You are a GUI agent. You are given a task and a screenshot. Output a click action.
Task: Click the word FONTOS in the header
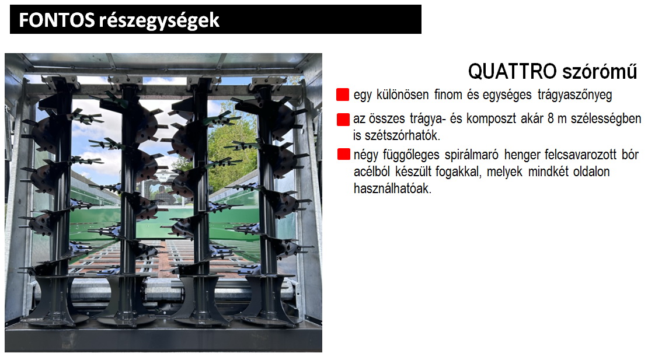click(x=57, y=20)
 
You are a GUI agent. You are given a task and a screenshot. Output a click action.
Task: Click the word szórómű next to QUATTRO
click(x=600, y=72)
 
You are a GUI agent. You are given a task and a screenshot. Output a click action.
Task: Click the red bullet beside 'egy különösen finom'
click(x=343, y=95)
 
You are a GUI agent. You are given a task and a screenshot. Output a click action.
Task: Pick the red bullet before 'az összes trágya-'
click(x=343, y=119)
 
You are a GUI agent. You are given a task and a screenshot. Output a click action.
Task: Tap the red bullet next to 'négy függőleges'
click(x=343, y=154)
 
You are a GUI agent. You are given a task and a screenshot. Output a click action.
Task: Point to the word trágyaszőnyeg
click(x=575, y=95)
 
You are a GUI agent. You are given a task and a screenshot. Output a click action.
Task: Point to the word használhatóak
click(x=393, y=188)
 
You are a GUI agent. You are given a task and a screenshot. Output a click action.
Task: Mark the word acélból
click(x=372, y=172)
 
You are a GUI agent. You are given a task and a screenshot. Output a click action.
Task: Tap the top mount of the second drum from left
click(x=126, y=81)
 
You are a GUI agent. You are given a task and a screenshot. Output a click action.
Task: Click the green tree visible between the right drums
click(x=234, y=157)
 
